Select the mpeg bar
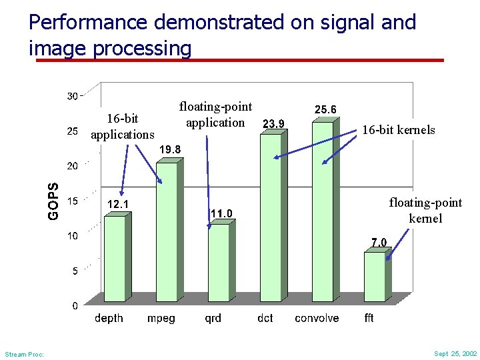[166, 233]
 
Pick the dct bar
[270, 220]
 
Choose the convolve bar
[322, 213]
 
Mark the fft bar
[374, 279]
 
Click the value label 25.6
[325, 109]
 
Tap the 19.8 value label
[169, 150]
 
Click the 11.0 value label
[221, 213]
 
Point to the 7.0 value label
[379, 242]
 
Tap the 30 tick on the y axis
[72, 96]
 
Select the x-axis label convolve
[317, 318]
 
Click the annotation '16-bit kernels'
[398, 130]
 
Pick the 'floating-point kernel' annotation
[425, 210]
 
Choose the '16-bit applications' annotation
[123, 127]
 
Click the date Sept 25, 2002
[455, 354]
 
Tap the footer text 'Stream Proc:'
[24, 355]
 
